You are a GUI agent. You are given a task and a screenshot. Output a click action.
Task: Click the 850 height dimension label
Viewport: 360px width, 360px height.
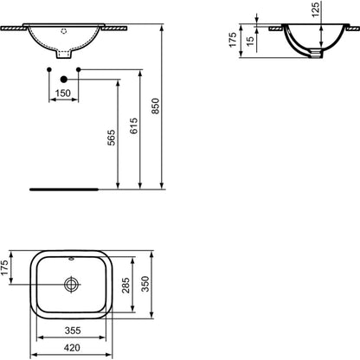click(x=156, y=106)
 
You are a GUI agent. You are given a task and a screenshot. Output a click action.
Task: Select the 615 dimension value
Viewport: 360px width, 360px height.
click(x=134, y=125)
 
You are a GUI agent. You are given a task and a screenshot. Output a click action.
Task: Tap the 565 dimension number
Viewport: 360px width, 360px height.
click(x=112, y=138)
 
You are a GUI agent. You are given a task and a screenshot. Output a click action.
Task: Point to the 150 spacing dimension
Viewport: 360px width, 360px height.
click(x=63, y=93)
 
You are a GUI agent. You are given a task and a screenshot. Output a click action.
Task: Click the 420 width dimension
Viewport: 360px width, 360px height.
click(x=72, y=348)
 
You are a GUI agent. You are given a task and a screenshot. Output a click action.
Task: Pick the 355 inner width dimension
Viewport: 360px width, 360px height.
click(x=73, y=331)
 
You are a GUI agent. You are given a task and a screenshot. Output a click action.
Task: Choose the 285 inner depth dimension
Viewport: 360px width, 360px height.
click(x=125, y=285)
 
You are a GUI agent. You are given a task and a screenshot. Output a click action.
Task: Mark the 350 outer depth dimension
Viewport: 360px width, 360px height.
click(x=145, y=284)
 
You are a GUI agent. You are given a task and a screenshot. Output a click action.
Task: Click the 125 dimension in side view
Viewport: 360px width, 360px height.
click(x=316, y=10)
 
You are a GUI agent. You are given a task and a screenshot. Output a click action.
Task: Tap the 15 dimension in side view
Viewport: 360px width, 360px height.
click(x=251, y=41)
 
